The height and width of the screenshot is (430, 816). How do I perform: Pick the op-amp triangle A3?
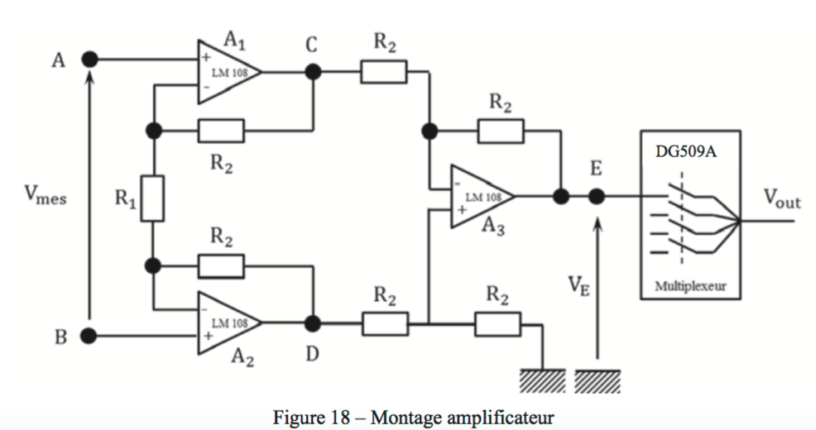tap(481, 197)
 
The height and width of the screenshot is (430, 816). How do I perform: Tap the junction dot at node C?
tap(313, 72)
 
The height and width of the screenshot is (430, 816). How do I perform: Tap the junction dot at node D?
tap(313, 322)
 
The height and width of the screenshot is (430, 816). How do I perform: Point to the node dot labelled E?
tap(596, 197)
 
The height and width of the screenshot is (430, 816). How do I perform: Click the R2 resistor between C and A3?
tap(383, 72)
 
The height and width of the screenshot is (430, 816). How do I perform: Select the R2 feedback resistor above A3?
tap(500, 131)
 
